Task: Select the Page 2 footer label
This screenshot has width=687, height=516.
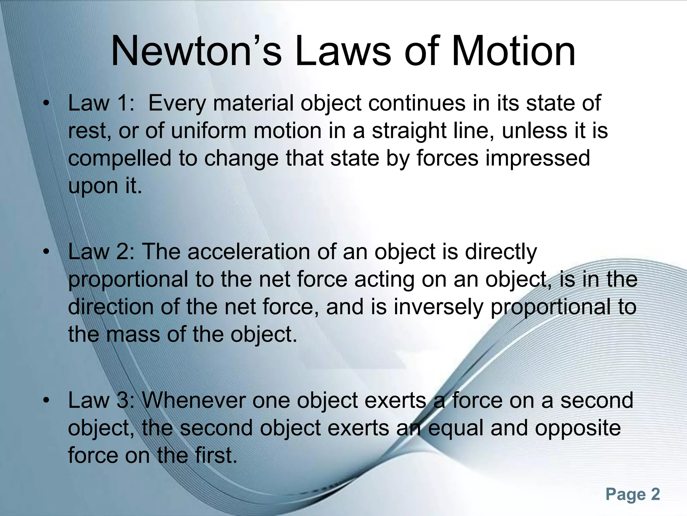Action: click(633, 494)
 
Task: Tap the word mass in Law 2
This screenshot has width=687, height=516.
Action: click(133, 335)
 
